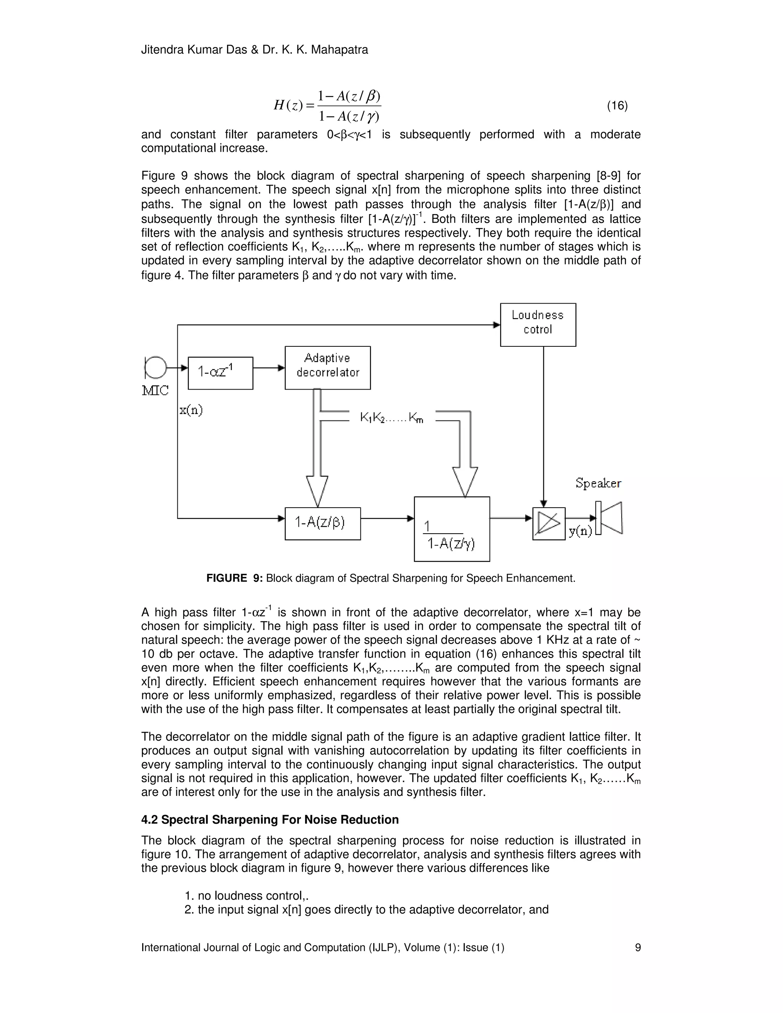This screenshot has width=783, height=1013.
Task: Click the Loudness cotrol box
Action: (x=538, y=324)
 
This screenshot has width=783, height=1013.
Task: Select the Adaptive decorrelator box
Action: (x=328, y=367)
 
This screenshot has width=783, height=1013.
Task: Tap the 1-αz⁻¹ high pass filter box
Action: (x=220, y=373)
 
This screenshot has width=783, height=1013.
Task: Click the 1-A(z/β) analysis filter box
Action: (x=322, y=523)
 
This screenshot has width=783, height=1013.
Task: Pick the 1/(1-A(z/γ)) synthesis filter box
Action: (x=452, y=529)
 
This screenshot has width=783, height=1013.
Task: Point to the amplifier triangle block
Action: (x=549, y=524)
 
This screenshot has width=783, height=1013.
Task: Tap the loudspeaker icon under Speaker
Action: (x=609, y=518)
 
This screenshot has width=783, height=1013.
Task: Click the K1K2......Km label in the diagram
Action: (x=391, y=418)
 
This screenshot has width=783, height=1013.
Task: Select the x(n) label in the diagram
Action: (x=191, y=410)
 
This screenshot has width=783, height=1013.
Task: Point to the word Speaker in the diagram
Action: (x=598, y=483)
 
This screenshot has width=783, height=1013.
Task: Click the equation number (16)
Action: (x=617, y=106)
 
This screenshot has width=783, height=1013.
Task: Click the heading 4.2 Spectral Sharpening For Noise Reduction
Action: (x=270, y=820)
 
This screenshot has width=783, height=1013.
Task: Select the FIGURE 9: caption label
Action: (x=234, y=578)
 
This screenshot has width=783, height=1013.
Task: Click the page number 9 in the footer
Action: (x=637, y=948)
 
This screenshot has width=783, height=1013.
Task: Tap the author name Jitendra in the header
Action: (x=162, y=50)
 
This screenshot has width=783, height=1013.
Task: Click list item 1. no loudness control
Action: (x=246, y=896)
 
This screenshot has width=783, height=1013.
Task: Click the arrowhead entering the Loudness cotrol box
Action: (x=497, y=325)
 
